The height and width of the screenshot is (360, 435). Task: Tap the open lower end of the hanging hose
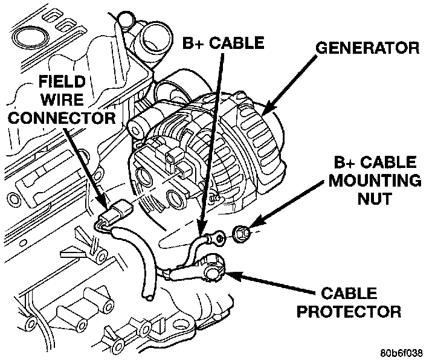tap(147, 295)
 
